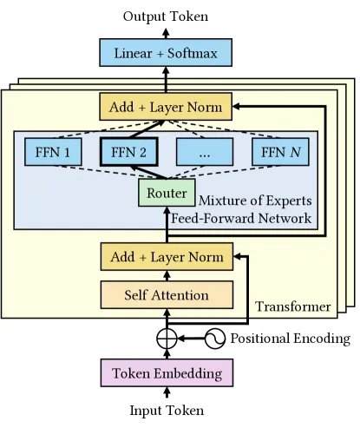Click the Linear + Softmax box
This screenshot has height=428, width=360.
pos(166,53)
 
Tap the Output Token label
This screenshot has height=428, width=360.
pos(166,16)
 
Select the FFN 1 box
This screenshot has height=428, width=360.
pos(53,152)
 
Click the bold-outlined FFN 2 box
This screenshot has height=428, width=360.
pos(129,152)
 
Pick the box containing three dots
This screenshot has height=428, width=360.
pos(205,152)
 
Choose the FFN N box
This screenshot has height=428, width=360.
pos(280,152)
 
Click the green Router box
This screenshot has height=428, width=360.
pos(167,193)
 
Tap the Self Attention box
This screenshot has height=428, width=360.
pos(167,295)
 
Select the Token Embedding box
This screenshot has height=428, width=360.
pos(167,372)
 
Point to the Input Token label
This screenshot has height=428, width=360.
pos(167,411)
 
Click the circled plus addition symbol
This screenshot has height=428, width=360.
pos(167,339)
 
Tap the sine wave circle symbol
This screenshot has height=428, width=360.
pos(215,339)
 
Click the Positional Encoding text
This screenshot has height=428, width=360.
pos(291,339)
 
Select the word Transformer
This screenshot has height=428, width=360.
pos(293,306)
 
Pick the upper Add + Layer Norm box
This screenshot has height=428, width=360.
pos(166,107)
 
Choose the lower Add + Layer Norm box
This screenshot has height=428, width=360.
pos(167,257)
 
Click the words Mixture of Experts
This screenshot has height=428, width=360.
pos(255,201)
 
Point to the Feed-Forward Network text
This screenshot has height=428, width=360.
pos(241,218)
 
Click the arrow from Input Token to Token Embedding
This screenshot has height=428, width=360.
pos(167,393)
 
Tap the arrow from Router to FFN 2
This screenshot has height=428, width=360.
pos(148,172)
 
